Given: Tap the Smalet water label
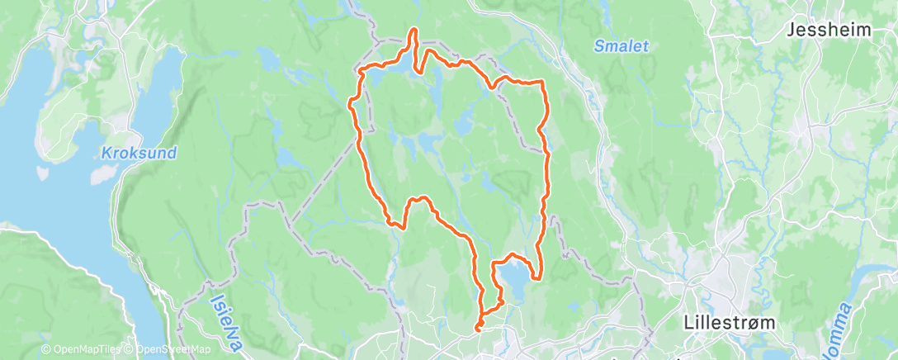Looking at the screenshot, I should coord(621,47).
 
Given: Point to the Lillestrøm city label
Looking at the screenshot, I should coord(730,322).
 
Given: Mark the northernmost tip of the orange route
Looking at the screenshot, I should coord(414,30).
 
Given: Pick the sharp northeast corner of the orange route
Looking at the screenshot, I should coord(541,82).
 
